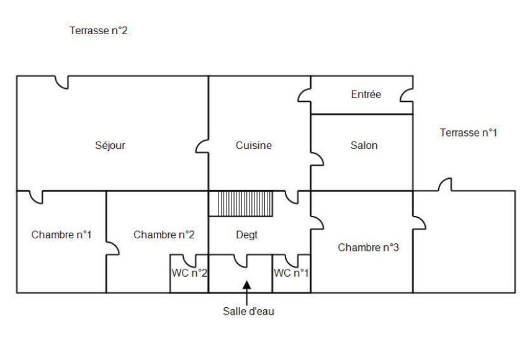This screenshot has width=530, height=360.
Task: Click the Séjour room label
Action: [x=112, y=146]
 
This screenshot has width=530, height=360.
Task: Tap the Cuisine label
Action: [x=254, y=146]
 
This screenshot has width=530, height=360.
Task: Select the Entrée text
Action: [x=366, y=95]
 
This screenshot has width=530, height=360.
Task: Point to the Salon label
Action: [x=364, y=146]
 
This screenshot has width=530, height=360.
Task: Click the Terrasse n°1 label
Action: [x=469, y=132]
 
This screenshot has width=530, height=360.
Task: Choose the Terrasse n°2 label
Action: [x=99, y=30]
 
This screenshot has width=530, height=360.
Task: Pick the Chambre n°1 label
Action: [x=61, y=235]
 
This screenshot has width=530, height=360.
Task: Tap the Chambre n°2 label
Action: [x=164, y=235]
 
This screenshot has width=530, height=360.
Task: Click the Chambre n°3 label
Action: [x=368, y=248]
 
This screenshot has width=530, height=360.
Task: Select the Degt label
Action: [x=247, y=235]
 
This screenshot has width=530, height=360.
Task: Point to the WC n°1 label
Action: [x=291, y=273]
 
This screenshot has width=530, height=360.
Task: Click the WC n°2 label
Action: [x=189, y=273]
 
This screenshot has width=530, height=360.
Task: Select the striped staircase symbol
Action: [x=240, y=204]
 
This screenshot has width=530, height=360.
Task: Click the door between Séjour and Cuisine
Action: [x=202, y=146]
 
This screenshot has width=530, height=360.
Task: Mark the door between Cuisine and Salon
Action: [x=317, y=159]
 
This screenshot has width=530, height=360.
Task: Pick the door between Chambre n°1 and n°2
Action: [x=112, y=248]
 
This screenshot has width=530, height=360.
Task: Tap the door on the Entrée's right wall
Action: [x=406, y=95]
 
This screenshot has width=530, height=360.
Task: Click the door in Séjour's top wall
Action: [x=61, y=82]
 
